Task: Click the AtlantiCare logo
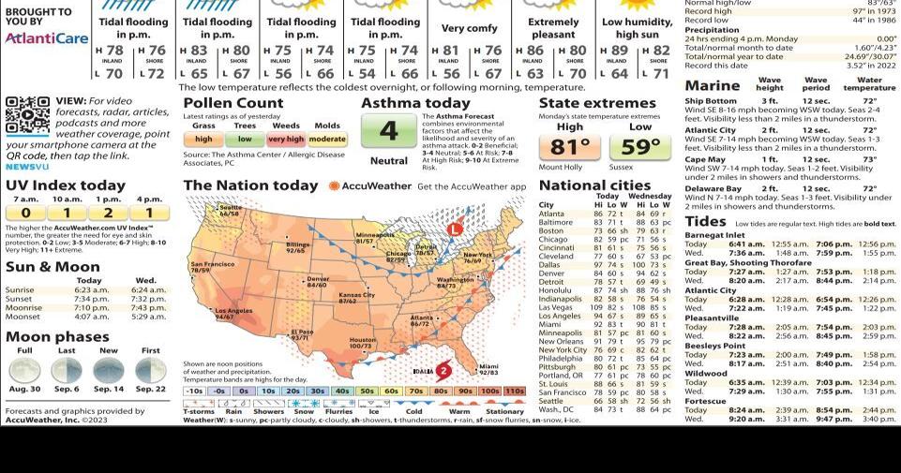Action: coord(46,38)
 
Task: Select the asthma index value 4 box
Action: coord(388,131)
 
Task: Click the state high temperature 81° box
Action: coord(569,147)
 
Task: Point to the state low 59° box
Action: coord(640,147)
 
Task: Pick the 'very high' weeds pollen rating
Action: coord(285,139)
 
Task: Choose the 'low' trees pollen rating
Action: coord(245,139)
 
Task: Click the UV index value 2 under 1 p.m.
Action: coord(109,213)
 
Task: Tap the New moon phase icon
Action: coord(109,371)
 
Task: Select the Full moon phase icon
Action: coord(25,371)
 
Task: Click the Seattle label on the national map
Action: coord(229,210)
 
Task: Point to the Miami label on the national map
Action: coord(488,371)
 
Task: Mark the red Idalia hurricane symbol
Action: coord(443,371)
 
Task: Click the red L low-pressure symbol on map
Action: coord(455,229)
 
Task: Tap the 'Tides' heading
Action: coord(705,222)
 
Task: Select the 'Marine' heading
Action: coord(712,85)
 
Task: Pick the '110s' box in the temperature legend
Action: coord(514,391)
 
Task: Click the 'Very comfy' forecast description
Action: coord(469,29)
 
